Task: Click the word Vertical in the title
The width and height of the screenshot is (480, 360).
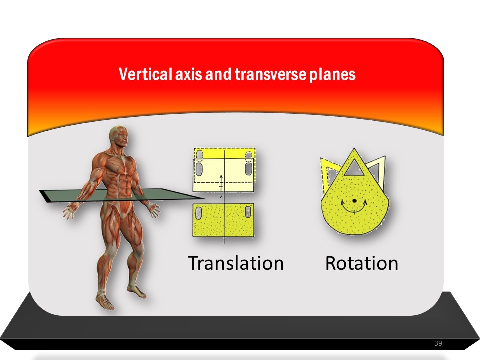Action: click(145, 74)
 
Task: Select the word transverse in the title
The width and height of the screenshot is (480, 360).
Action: click(270, 74)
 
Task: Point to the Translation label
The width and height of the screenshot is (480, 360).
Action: click(236, 263)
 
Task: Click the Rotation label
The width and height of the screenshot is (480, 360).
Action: click(362, 263)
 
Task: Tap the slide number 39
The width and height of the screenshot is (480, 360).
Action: click(438, 343)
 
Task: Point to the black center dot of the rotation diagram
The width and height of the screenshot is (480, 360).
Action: click(354, 201)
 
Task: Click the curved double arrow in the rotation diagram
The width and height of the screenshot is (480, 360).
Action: click(354, 208)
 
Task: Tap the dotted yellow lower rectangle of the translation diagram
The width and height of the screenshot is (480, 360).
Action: click(224, 220)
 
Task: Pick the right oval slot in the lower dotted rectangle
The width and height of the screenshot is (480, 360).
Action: click(248, 212)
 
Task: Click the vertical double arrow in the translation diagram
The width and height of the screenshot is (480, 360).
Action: click(221, 186)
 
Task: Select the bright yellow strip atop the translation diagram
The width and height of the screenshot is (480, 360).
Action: click(224, 153)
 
